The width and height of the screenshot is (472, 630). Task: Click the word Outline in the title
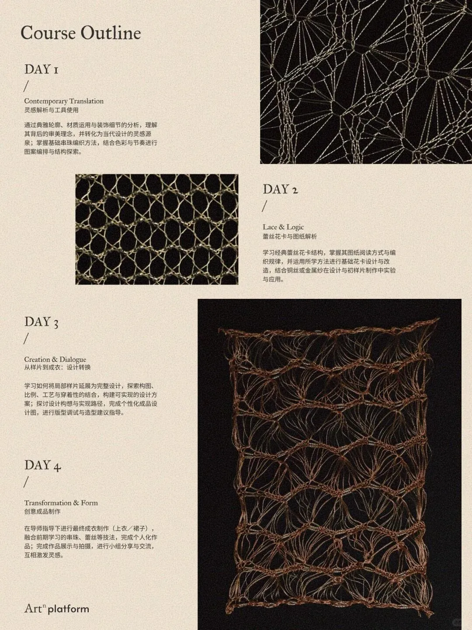pyautogui.click(x=111, y=33)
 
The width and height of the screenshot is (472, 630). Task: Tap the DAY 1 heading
pyautogui.click(x=42, y=70)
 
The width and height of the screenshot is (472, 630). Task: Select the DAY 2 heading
pyautogui.click(x=281, y=189)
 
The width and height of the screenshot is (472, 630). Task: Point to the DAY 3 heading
pyautogui.click(x=42, y=322)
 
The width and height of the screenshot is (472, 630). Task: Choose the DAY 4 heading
pyautogui.click(x=43, y=465)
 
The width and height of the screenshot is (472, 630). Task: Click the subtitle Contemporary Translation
pyautogui.click(x=64, y=101)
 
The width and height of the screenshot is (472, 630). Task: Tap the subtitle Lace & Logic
pyautogui.click(x=284, y=227)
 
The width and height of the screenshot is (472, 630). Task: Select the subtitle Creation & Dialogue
pyautogui.click(x=55, y=359)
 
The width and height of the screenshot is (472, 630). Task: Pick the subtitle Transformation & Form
pyautogui.click(x=61, y=503)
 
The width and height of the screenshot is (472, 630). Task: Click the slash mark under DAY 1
pyautogui.click(x=26, y=86)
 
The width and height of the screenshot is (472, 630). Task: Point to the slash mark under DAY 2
pyautogui.click(x=264, y=206)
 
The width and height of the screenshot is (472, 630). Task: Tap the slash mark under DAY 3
pyautogui.click(x=26, y=339)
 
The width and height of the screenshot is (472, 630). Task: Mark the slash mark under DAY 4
pyautogui.click(x=26, y=482)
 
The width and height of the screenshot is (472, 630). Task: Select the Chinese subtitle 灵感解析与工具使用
pyautogui.click(x=51, y=110)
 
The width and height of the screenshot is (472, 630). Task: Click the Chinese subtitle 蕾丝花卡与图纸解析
pyautogui.click(x=290, y=237)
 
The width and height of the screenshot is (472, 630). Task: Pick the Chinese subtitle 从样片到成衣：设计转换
pyautogui.click(x=57, y=367)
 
